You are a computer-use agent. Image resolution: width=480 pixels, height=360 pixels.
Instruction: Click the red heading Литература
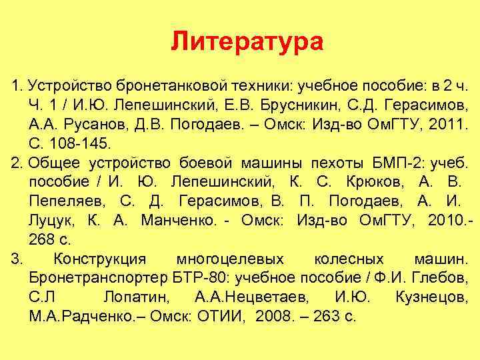tap(247, 42)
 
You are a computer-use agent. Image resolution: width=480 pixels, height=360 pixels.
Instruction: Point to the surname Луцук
tap(53, 220)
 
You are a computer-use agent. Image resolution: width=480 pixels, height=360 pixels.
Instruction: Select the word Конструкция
tap(103, 258)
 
